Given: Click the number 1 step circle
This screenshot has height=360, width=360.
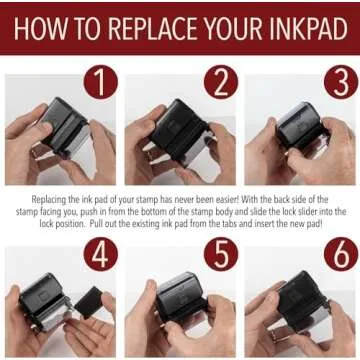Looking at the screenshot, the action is [x=101, y=82].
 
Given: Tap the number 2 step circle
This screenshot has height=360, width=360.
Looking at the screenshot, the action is [x=221, y=82].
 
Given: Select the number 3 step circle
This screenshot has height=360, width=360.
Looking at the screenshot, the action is [x=341, y=82].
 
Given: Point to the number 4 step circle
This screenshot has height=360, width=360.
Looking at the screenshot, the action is [x=101, y=254].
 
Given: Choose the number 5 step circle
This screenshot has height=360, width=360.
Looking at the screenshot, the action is [x=221, y=254].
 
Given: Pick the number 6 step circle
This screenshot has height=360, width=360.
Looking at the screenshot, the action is [x=341, y=254].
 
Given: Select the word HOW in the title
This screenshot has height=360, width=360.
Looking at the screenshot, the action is [x=37, y=29].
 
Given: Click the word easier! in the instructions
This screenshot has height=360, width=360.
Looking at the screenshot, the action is [x=225, y=199].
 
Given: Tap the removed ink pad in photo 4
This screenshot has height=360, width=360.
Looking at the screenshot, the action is [x=89, y=302].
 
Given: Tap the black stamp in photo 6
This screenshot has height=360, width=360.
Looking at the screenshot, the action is [x=303, y=298].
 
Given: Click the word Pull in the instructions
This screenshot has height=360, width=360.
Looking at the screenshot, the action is [x=97, y=224].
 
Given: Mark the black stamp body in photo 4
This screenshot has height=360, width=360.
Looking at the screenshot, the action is [x=45, y=302].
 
